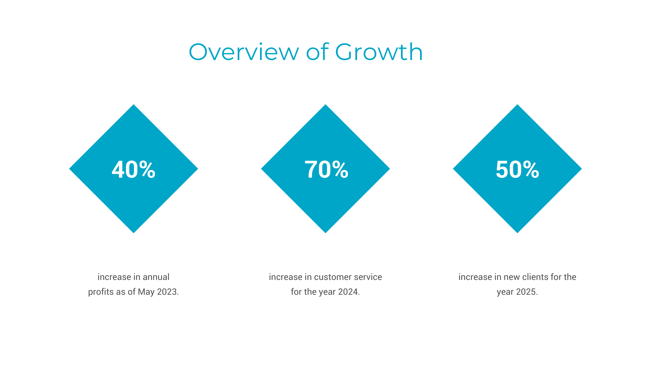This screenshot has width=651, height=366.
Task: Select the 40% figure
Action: (x=133, y=169)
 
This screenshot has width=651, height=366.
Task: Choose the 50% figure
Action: (x=517, y=169)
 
